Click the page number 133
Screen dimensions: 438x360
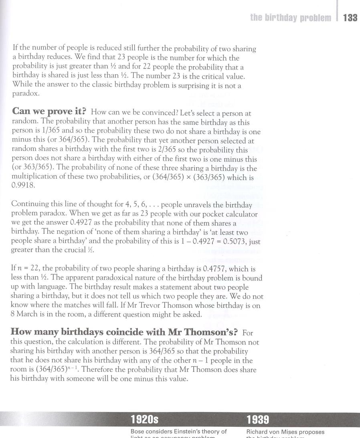click(350, 18)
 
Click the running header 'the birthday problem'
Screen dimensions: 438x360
click(291, 18)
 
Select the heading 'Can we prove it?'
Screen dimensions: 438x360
click(50, 111)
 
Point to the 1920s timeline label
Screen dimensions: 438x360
click(144, 420)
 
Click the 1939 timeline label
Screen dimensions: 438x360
click(257, 420)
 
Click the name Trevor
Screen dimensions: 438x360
click(169, 305)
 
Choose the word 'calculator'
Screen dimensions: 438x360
click(243, 214)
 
